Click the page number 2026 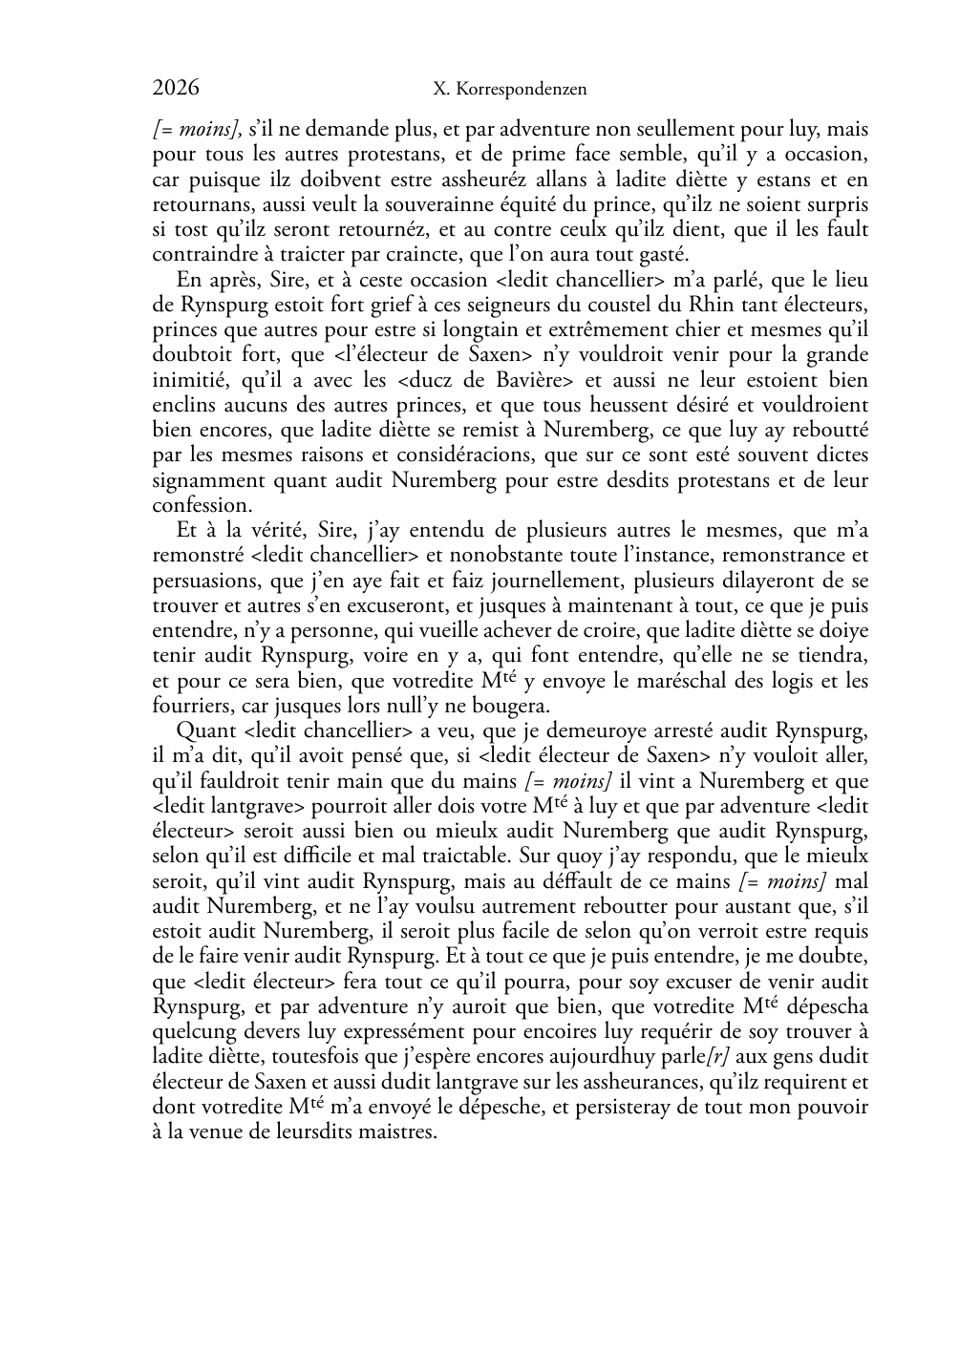[176, 88]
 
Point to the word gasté [662, 254]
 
